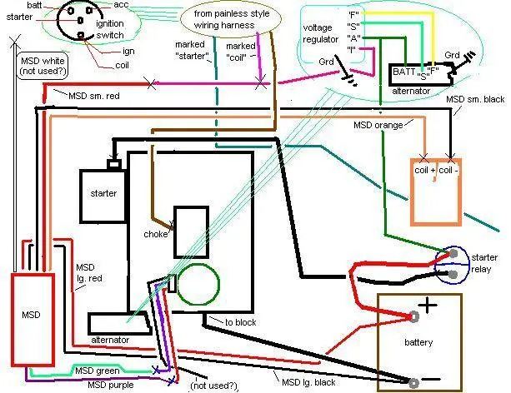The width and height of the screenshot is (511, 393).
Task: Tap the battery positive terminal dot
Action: pos(413,316)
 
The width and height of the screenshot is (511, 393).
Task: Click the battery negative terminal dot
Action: pos(413,383)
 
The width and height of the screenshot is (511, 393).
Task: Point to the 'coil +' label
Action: pos(424,171)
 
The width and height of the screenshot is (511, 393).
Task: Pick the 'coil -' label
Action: pos(448,171)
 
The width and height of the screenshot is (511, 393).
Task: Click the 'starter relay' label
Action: pos(484,263)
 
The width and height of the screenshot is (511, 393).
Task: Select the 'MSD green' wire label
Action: pos(98,371)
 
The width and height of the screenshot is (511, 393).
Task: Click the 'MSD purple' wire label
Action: pos(111,385)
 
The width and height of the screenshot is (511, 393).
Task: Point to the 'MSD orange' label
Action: pos(378,125)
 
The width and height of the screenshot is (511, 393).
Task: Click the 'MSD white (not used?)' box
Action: pos(43,66)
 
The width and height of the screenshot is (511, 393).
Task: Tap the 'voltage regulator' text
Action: pos(321,33)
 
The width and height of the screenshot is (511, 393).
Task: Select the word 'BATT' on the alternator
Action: pos(404,72)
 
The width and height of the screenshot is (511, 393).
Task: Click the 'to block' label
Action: pos(241,322)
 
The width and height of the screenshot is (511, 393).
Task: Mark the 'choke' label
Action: pos(156,234)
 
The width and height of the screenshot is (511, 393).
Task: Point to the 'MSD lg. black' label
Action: pos(308,382)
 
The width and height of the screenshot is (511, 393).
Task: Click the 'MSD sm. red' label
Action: pos(94,96)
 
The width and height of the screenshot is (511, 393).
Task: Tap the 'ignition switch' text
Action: pos(110,29)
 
